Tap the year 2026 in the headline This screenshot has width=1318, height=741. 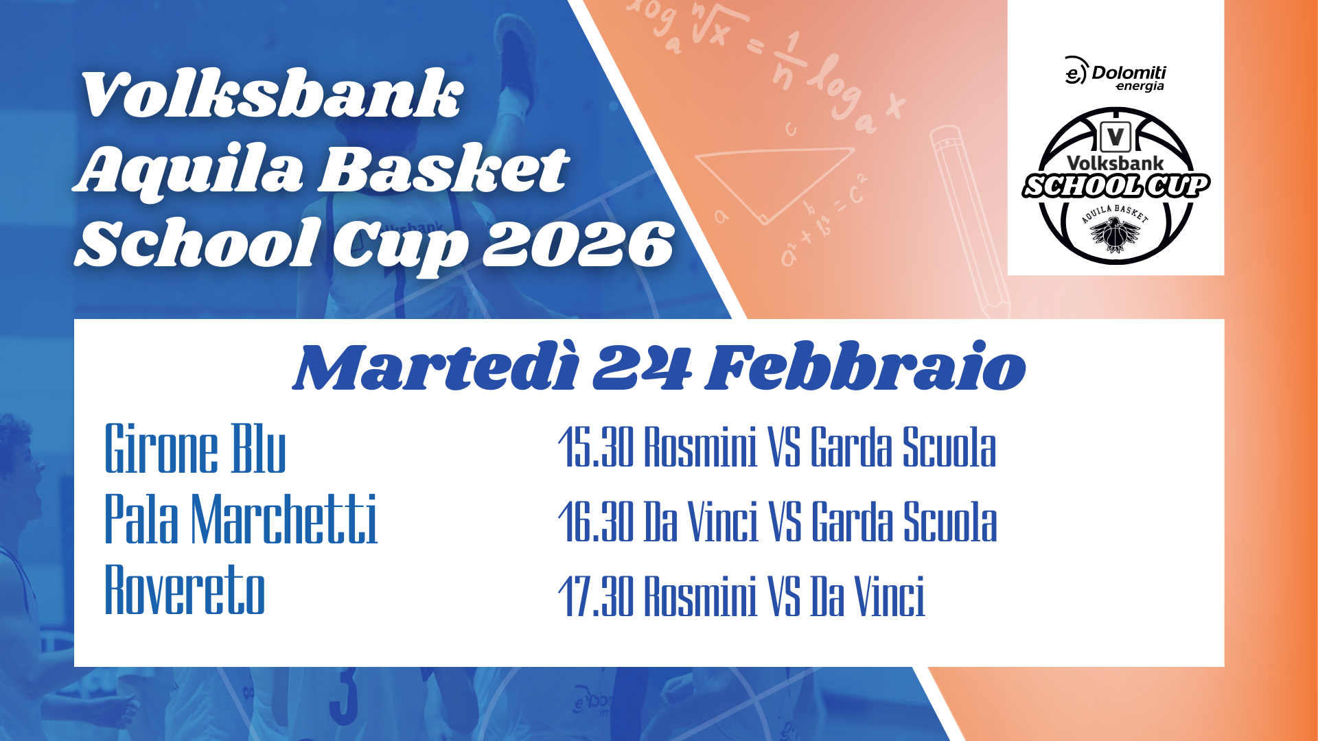pyautogui.click(x=577, y=244)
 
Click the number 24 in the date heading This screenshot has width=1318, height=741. pyautogui.click(x=642, y=368)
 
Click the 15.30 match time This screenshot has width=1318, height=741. pyautogui.click(x=596, y=447)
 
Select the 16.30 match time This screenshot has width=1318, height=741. pyautogui.click(x=596, y=521)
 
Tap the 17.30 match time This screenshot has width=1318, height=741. pyautogui.click(x=596, y=596)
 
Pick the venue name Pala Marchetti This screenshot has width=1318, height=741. pyautogui.click(x=241, y=519)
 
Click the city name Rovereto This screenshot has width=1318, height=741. pyautogui.click(x=185, y=589)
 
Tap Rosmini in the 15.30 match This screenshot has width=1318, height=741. pyautogui.click(x=700, y=447)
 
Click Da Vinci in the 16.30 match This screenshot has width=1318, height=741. pyautogui.click(x=701, y=521)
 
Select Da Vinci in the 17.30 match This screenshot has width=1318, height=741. pyautogui.click(x=868, y=596)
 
